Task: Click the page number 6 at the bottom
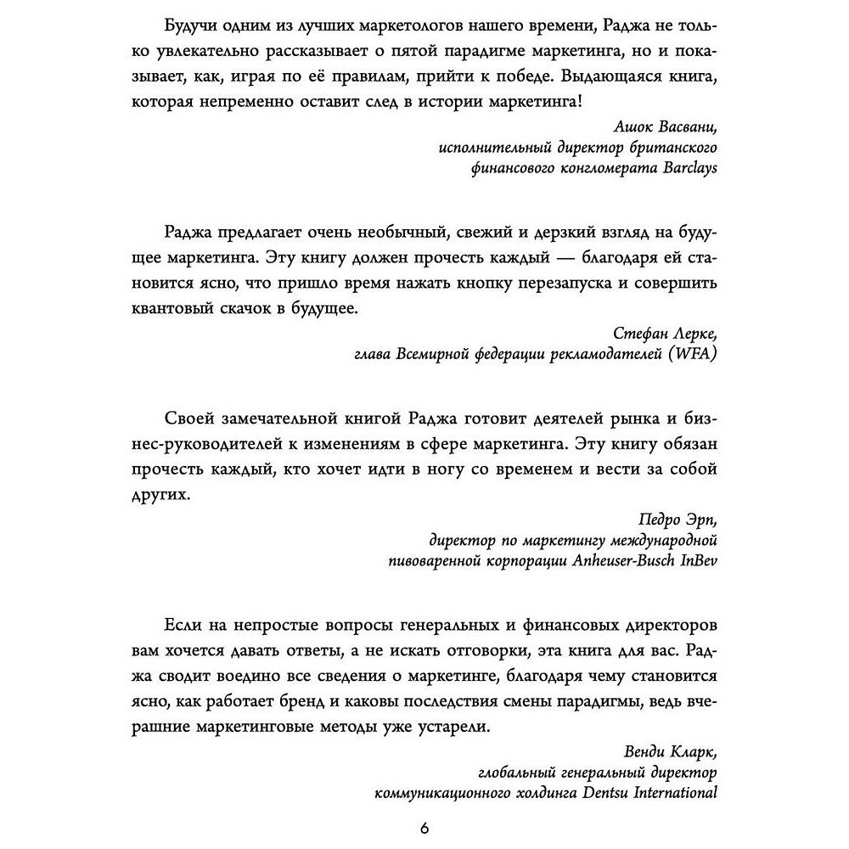424,828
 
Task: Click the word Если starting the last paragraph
180,626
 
